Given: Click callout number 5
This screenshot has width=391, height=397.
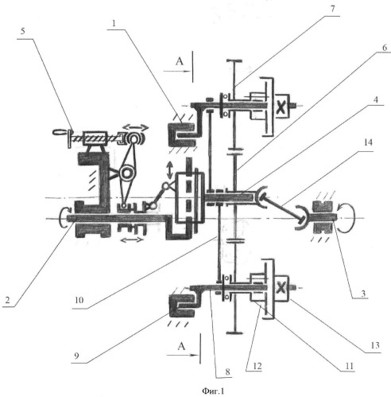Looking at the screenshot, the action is point(23,31).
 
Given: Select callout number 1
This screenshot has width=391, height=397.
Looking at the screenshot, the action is point(114,23).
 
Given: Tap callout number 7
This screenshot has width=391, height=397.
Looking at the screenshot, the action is point(332,9).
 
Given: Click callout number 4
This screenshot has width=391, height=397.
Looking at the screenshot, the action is point(376,100).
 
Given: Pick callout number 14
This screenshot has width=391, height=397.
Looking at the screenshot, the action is point(368,142).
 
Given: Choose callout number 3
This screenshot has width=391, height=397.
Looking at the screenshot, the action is point(363,294).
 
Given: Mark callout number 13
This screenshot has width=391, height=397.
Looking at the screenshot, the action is point(375,345).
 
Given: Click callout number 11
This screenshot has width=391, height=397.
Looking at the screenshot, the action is point(350,366).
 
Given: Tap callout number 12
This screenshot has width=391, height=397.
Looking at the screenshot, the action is point(257,366).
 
